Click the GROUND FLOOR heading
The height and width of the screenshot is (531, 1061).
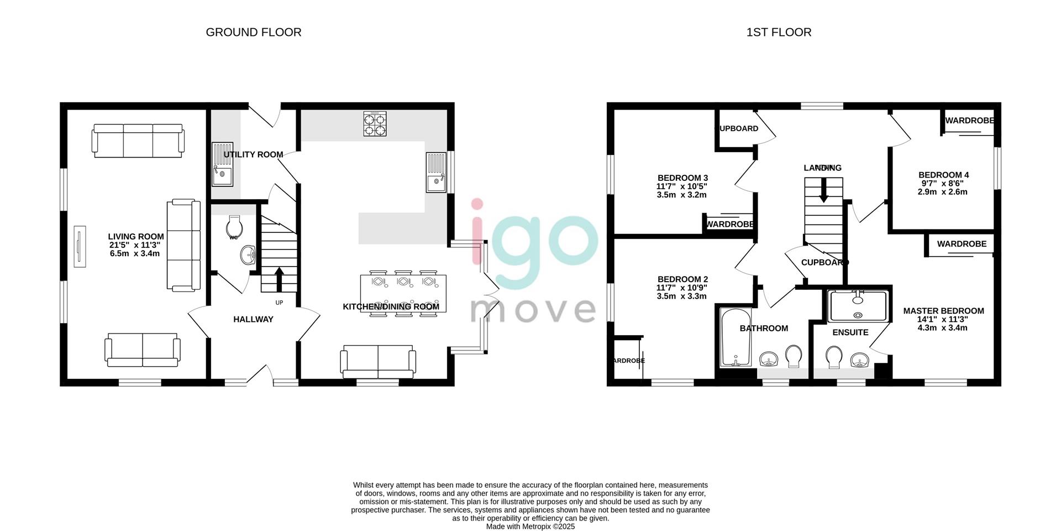254,32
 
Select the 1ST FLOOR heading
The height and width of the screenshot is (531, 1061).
779,32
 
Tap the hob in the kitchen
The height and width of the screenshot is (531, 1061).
374,124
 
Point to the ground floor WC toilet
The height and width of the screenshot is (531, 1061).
234,226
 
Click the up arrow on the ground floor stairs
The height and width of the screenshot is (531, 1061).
279,279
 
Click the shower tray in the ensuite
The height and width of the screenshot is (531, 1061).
858,306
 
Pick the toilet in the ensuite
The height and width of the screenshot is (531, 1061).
833,357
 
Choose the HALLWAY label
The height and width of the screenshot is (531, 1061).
253,319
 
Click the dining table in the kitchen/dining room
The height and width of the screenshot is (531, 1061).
403,294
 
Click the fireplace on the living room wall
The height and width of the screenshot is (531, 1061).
79,246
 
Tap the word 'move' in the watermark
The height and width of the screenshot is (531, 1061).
533,310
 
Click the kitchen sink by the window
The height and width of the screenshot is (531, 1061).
436,172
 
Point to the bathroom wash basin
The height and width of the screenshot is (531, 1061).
769,360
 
